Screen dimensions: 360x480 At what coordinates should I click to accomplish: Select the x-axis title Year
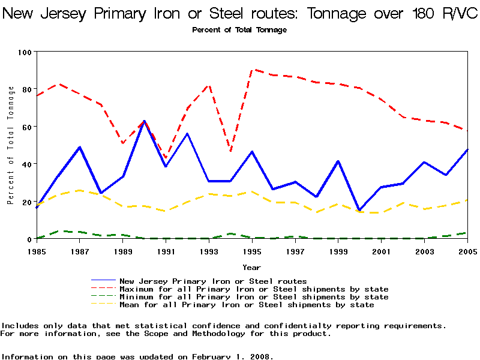tap(252, 267)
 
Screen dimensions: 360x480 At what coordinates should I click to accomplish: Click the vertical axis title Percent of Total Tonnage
tap(11, 145)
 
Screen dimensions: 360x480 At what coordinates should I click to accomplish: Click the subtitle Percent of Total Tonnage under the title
tap(239, 30)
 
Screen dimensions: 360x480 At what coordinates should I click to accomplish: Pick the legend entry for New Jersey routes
tap(213, 281)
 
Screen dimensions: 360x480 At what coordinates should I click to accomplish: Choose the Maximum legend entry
tap(254, 289)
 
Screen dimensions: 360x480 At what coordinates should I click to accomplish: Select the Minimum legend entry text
tap(254, 297)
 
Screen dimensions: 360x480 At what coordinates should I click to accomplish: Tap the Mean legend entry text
tap(247, 305)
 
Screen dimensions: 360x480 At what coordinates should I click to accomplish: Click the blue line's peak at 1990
tap(144, 121)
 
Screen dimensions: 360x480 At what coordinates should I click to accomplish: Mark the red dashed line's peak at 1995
tap(252, 70)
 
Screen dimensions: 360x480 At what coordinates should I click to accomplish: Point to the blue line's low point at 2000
tap(359, 211)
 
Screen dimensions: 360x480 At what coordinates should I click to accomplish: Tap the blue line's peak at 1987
tap(79, 147)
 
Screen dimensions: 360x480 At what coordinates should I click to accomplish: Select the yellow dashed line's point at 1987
tap(79, 190)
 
